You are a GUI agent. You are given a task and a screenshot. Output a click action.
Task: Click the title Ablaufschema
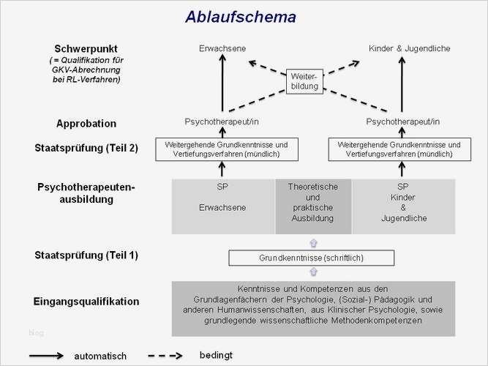pyautogui.click(x=241, y=17)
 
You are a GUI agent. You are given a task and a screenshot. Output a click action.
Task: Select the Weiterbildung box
pyautogui.click(x=304, y=81)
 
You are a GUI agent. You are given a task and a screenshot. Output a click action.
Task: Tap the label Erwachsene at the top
pyautogui.click(x=222, y=48)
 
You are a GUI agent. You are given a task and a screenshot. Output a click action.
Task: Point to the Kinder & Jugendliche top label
pyautogui.click(x=409, y=48)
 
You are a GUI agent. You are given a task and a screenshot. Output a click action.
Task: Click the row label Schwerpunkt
pyautogui.click(x=86, y=48)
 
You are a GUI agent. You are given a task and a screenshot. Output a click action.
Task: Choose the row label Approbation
pyautogui.click(x=86, y=124)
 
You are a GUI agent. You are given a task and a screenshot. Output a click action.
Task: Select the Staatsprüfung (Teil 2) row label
pyautogui.click(x=86, y=148)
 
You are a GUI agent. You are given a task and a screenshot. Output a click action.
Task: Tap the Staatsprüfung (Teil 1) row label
pyautogui.click(x=86, y=255)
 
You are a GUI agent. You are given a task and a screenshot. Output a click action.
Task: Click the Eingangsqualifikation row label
pyautogui.click(x=86, y=301)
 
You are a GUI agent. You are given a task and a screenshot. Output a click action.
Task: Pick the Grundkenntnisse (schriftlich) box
pyautogui.click(x=311, y=258)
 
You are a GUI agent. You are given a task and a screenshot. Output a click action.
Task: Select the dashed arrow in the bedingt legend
pyautogui.click(x=165, y=356)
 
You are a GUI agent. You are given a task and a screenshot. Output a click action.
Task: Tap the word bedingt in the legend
pyautogui.click(x=216, y=355)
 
